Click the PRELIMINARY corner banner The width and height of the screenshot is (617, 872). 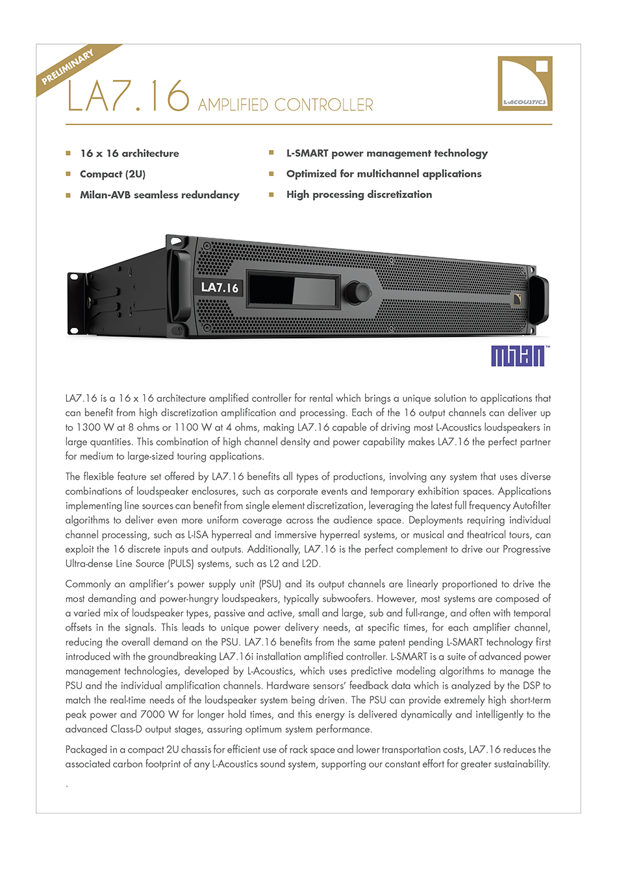click(x=68, y=67)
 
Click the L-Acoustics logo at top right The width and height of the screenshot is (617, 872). click(x=525, y=83)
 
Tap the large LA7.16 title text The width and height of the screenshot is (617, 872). click(x=128, y=97)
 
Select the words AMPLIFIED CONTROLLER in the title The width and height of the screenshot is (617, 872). click(x=286, y=105)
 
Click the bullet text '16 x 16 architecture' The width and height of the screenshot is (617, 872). click(x=129, y=154)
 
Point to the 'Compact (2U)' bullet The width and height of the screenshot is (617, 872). click(x=112, y=174)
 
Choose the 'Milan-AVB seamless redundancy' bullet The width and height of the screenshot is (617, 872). click(x=159, y=195)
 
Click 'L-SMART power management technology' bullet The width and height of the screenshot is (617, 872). click(x=386, y=153)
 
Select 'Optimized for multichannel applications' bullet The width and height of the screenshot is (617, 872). click(x=384, y=174)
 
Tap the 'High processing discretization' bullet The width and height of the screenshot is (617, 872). click(x=359, y=195)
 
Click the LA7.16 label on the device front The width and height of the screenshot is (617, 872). click(x=220, y=288)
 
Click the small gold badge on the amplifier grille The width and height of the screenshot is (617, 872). click(x=517, y=299)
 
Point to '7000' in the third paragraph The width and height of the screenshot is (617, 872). click(x=152, y=715)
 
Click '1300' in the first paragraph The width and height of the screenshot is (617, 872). click(x=88, y=428)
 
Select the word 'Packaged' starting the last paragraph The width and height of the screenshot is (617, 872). click(x=86, y=750)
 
